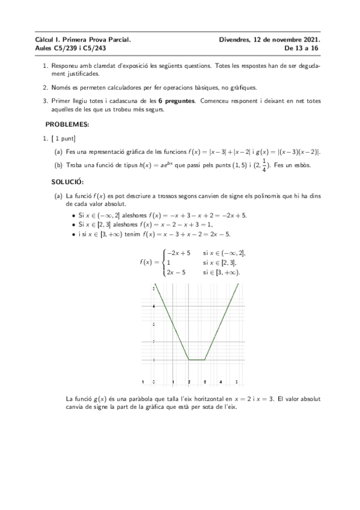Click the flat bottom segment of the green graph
[x=197, y=360]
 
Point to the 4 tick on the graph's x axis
[x=221, y=382]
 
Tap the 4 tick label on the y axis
[x=154, y=306]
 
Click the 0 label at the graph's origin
[x=154, y=382]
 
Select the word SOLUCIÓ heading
[x=67, y=182]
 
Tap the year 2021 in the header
[x=310, y=39]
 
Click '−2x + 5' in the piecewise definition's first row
[x=178, y=253]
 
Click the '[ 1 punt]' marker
[x=62, y=139]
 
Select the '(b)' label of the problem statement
[x=58, y=165]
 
